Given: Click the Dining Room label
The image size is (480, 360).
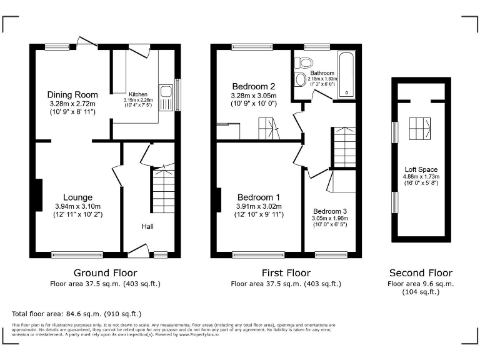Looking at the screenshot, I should click(x=72, y=94).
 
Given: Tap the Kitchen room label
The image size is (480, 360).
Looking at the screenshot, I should click(x=138, y=94).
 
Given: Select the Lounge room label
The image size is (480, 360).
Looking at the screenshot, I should click(x=77, y=197).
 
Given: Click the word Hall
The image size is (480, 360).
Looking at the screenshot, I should click(x=147, y=226).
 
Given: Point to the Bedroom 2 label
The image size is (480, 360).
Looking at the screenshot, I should click(x=254, y=86).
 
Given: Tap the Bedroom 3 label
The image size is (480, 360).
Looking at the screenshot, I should click(x=330, y=211).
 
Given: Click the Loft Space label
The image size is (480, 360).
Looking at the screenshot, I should click(x=421, y=169).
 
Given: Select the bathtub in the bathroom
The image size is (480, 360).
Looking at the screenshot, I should click(x=346, y=75).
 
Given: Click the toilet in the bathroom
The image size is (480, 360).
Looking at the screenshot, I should click(x=305, y=62).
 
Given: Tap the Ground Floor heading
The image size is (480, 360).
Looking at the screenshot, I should click(x=105, y=272).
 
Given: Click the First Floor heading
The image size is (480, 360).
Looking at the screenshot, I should click(x=286, y=272).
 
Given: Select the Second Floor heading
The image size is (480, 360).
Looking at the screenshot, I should click(x=421, y=272).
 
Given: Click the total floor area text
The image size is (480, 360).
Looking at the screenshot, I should click(x=77, y=314).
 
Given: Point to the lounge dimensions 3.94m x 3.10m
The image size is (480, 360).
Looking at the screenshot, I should click(x=77, y=206).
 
